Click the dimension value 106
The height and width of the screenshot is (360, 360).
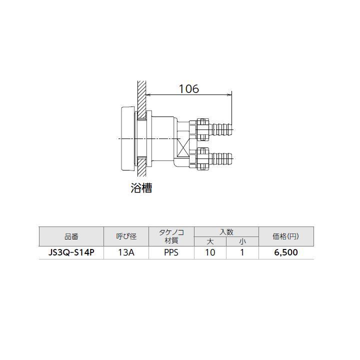[x=188, y=88]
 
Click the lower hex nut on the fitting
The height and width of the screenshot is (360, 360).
[x=202, y=158]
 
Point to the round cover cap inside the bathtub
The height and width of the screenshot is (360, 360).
[x=126, y=138]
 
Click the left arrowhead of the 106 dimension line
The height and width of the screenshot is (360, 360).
[x=148, y=95]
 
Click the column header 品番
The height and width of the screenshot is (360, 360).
[x=71, y=236]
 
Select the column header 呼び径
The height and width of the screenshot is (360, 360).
[x=126, y=236]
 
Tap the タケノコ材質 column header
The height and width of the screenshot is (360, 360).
[x=171, y=236]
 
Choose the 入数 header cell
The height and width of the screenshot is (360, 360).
[x=226, y=231]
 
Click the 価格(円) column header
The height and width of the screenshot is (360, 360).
[x=286, y=236]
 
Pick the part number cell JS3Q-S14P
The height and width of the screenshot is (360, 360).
[x=71, y=252]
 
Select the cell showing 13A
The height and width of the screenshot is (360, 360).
[x=126, y=252]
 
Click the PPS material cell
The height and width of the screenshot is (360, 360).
[x=171, y=252]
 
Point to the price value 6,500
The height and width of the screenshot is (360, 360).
[x=286, y=252]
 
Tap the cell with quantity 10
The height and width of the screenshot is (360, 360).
[x=210, y=252]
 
